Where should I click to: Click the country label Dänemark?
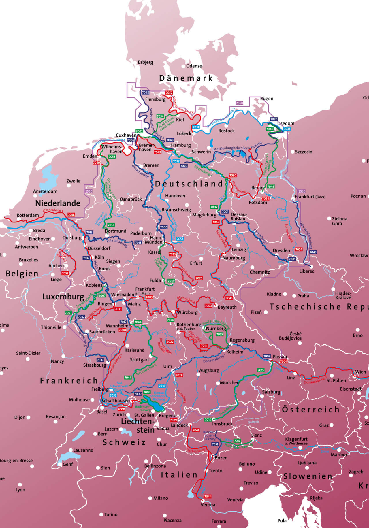[x=186, y=78]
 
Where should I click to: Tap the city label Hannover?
[x=175, y=196]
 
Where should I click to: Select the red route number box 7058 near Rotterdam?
[x=71, y=215]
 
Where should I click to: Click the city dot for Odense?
[x=183, y=66]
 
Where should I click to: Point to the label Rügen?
[x=266, y=99]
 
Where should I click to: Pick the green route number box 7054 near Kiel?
[x=160, y=116]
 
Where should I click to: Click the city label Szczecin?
[x=303, y=152]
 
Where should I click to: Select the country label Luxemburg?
[x=63, y=297]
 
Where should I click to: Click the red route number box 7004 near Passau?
[x=284, y=361]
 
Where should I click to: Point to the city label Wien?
[x=360, y=372]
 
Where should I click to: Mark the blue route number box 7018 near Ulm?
[x=162, y=386]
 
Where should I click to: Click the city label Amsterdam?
[x=45, y=191]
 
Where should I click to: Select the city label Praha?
[x=303, y=296]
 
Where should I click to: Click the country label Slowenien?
[x=307, y=476]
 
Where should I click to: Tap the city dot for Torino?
[x=101, y=514]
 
